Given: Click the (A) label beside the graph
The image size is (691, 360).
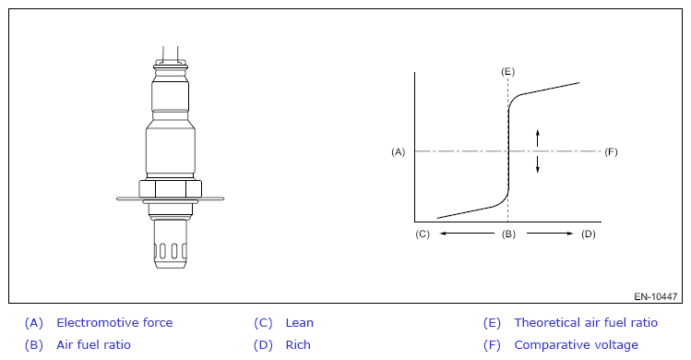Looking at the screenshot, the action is tap(398, 151).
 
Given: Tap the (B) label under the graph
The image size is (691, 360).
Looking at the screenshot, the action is tap(508, 234).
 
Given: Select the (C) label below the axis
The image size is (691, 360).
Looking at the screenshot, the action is tap(423, 234).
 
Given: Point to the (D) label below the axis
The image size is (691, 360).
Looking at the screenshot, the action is tap(588, 234).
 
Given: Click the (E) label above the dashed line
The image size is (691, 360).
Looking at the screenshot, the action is tap(507, 71).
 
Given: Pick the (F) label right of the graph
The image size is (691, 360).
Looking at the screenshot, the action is tap(611, 151).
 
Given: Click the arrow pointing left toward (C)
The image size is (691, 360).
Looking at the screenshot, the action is tap(467, 234).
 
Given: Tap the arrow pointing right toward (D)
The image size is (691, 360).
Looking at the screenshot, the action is tap(550, 234).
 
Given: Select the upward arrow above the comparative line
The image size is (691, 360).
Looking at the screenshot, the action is tap(537, 138).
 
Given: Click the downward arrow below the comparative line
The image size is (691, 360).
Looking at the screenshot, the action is tap(537, 164).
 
